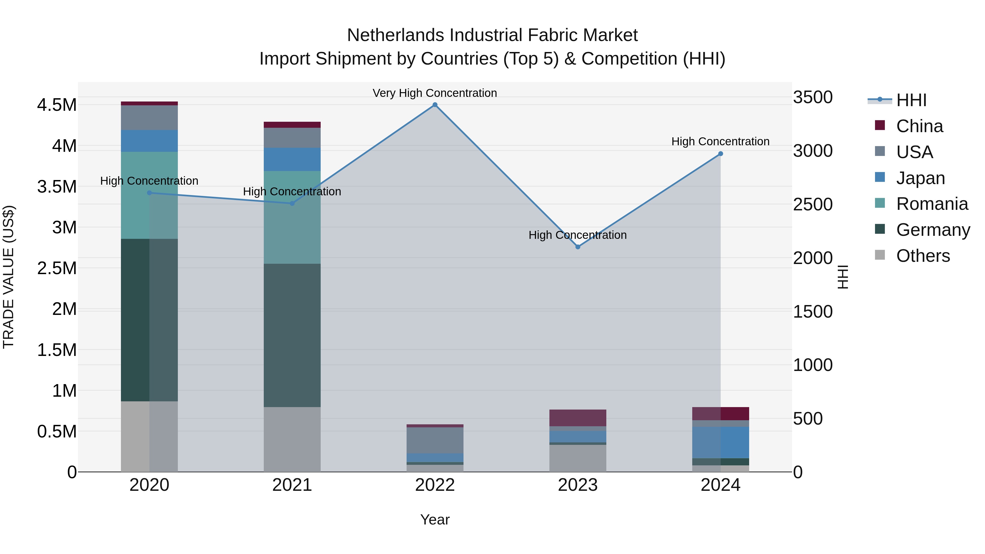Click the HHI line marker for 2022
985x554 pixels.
435,105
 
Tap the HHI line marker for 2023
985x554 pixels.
578,247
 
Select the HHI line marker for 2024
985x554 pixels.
720,154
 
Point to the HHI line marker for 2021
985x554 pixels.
292,203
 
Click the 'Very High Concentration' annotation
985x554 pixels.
435,93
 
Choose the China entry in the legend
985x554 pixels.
919,126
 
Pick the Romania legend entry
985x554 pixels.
932,204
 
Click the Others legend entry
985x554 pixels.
923,256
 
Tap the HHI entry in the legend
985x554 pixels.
911,100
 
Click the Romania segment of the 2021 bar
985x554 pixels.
292,217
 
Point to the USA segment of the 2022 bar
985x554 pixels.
435,440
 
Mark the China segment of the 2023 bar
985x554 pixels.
578,418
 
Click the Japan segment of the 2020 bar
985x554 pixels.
149,141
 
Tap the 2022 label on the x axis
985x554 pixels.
435,485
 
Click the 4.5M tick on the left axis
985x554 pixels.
57,105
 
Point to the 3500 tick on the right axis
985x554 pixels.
813,97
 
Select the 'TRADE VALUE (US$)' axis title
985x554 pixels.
8,277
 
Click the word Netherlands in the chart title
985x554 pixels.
395,35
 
